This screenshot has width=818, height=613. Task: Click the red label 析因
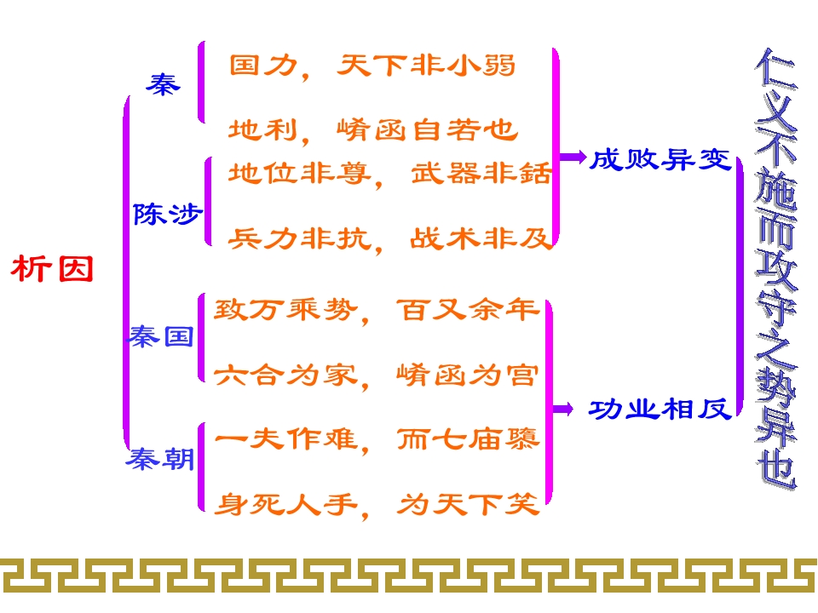[52, 270]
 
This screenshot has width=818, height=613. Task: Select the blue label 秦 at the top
[162, 84]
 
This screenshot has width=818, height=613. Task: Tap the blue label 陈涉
[167, 214]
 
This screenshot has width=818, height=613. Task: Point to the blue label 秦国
[161, 336]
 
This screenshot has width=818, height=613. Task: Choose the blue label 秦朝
[160, 461]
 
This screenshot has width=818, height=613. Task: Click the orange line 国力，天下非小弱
[372, 66]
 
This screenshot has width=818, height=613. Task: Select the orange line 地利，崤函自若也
[373, 129]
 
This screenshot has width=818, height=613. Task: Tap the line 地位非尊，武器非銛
[390, 175]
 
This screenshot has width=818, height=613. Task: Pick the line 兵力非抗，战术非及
[390, 238]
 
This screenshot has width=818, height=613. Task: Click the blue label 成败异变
[660, 159]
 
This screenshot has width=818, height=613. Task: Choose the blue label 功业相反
[660, 410]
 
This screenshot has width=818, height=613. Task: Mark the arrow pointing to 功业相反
[564, 410]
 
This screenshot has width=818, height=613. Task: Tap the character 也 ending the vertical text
[776, 468]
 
